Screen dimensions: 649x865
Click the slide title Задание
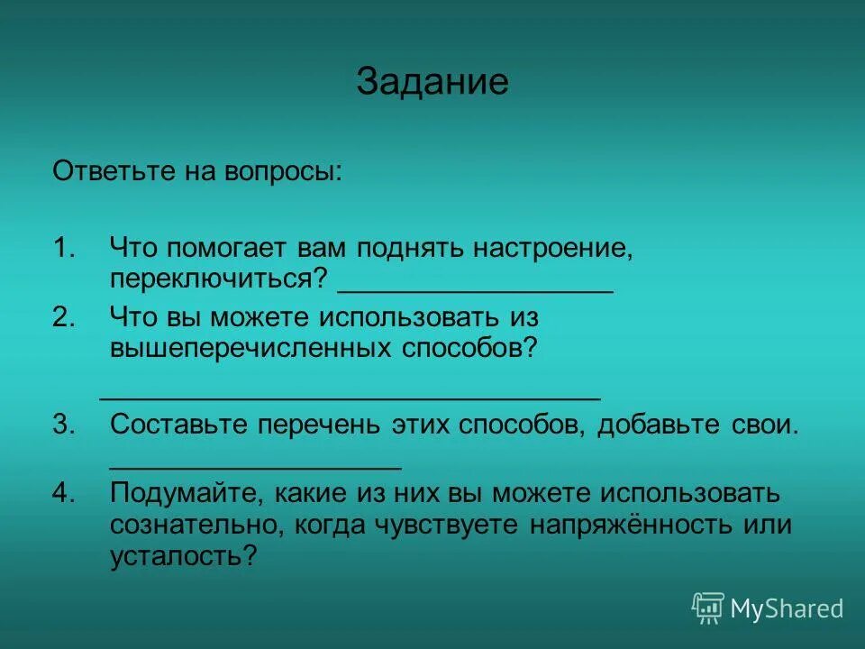pos(432,82)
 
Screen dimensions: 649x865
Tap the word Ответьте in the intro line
pos(107,170)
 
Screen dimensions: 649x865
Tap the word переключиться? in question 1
pos(217,277)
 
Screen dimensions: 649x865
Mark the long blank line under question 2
pos(350,397)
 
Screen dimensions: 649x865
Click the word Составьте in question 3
pos(179,425)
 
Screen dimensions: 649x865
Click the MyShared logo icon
pos(708,608)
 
